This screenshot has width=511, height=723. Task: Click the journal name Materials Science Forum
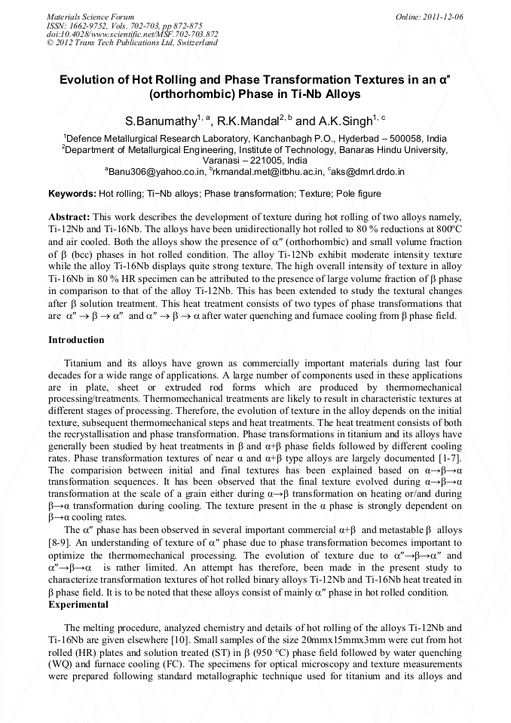[x=90, y=16]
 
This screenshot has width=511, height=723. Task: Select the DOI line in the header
[x=132, y=34]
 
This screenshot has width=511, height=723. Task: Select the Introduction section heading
[x=76, y=340]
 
